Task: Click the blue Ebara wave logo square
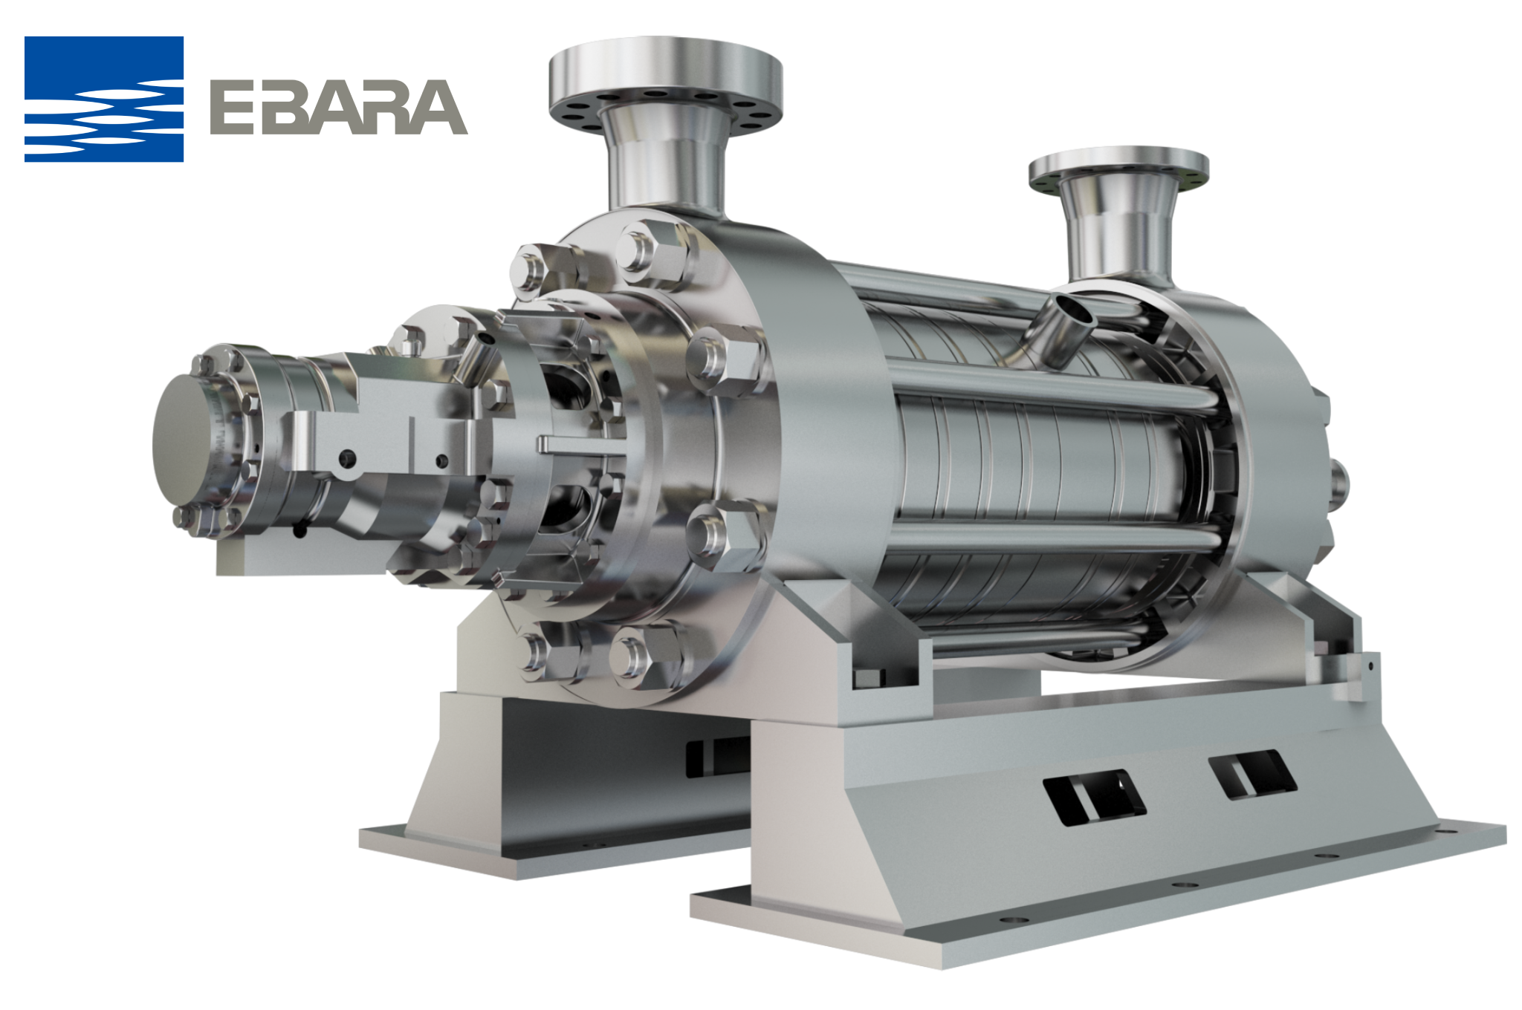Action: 104,99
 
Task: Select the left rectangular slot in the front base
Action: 1094,797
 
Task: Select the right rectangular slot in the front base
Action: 1253,775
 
